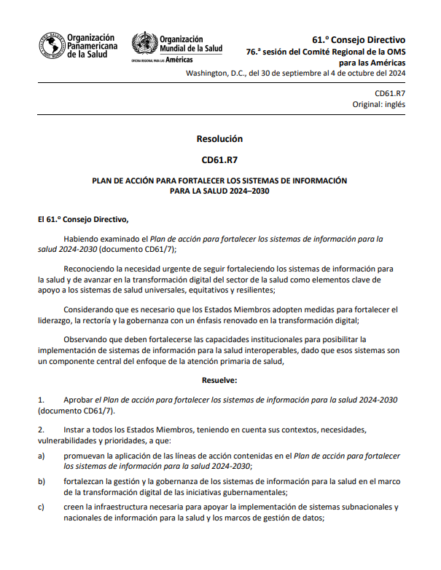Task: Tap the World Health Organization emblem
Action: (144, 44)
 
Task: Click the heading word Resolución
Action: (219, 138)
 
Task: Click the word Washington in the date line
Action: (209, 74)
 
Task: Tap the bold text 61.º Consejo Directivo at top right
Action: (359, 39)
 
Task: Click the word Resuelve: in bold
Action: (219, 379)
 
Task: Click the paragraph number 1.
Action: (41, 400)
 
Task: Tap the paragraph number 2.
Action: (41, 430)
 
